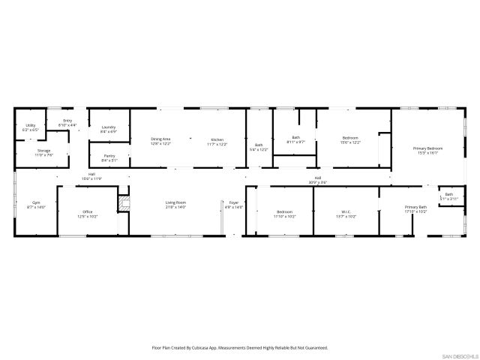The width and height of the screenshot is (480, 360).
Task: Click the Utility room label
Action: click(x=31, y=126)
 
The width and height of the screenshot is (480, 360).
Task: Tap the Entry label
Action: click(x=67, y=121)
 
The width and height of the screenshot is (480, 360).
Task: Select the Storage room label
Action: click(x=44, y=151)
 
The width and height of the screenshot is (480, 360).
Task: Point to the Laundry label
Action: click(x=108, y=127)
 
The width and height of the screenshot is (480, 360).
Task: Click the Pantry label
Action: click(x=109, y=155)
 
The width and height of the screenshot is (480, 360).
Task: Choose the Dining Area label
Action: click(x=160, y=139)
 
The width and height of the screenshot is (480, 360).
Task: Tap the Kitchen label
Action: click(x=217, y=139)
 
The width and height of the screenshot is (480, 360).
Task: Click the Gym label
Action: click(x=35, y=203)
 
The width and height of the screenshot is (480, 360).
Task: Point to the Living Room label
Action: click(x=175, y=203)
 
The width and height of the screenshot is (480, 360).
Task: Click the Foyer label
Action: click(x=234, y=203)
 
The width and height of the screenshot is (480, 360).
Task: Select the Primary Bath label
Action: click(x=415, y=207)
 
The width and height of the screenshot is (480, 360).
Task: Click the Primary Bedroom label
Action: click(x=428, y=148)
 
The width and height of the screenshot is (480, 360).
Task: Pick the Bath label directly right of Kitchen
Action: click(x=259, y=145)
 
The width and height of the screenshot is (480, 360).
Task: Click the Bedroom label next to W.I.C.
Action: click(x=285, y=212)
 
